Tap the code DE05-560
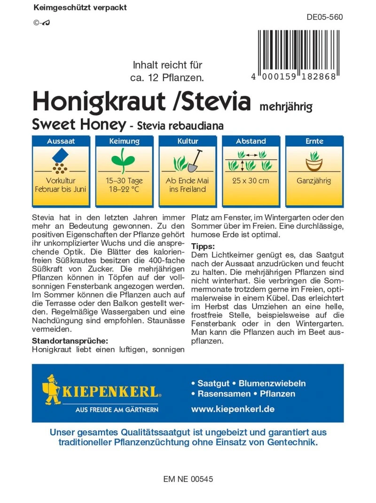[x=324, y=18]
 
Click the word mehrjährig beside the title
[x=286, y=106]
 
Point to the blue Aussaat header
[x=61, y=141]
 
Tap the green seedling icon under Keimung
[x=124, y=159]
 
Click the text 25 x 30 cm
[x=251, y=181]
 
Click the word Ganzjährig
[x=313, y=181]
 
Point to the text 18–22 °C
[x=124, y=189]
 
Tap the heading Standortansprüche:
[x=70, y=340]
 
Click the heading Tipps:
[x=203, y=247]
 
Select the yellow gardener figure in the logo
[x=52, y=389]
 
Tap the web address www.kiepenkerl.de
[x=233, y=409]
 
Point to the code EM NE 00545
[x=188, y=480]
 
